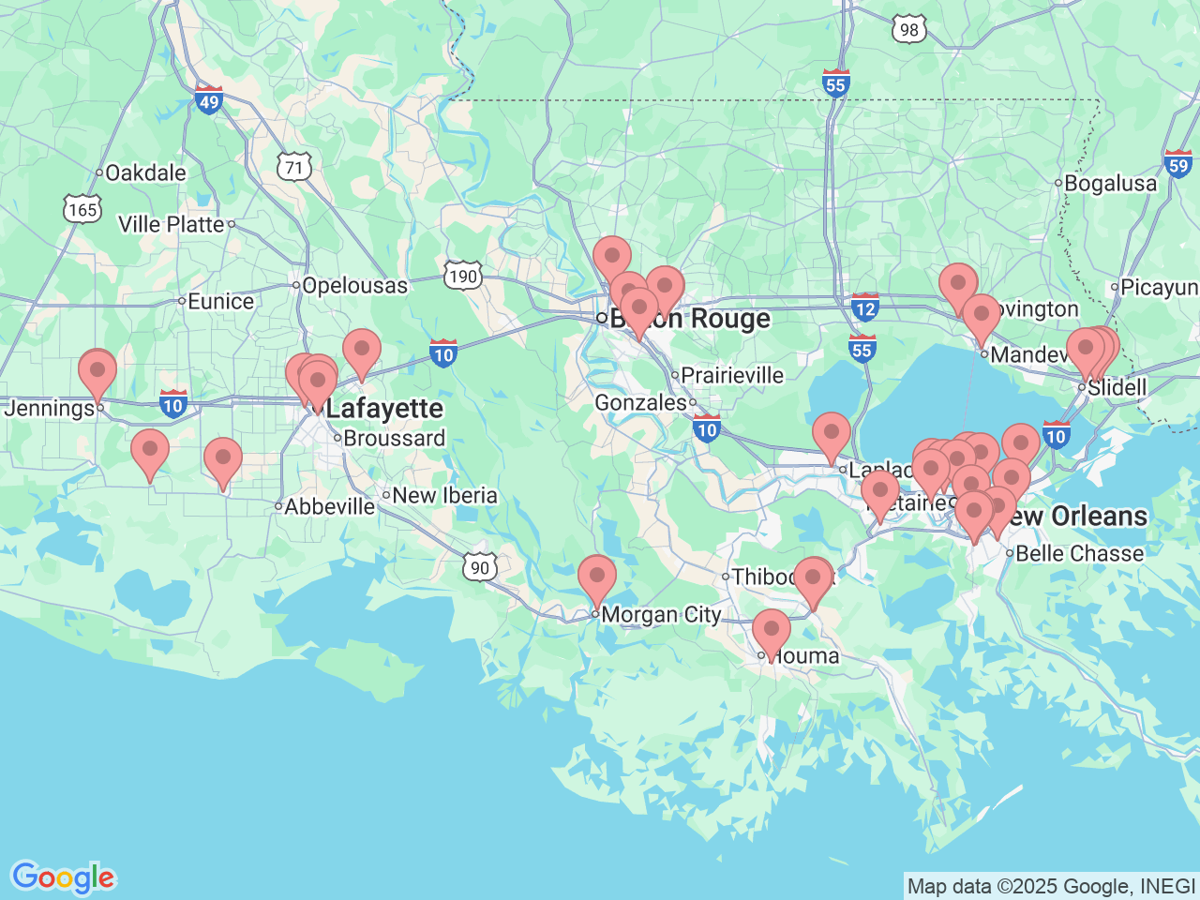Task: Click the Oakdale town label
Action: coord(145,173)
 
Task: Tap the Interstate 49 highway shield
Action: coord(208,100)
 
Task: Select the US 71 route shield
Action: coord(294,168)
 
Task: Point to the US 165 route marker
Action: coord(82,209)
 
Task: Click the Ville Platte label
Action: coord(172,225)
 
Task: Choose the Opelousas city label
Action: coord(354,286)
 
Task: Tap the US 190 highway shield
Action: coord(463,276)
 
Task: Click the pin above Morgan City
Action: coord(596,576)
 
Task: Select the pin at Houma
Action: coord(771,630)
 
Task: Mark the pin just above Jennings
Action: coord(97,369)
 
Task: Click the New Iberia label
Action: coord(444,495)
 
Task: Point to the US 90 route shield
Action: coord(479,567)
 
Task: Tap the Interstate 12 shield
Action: coord(864,307)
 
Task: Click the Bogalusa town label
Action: coord(1110,184)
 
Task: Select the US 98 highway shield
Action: coord(908,30)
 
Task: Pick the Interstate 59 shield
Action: coord(1178,164)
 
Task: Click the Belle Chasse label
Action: coord(1079,554)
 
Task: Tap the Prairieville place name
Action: coord(731,376)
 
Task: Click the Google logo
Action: coord(63,877)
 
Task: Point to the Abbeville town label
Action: coord(329,507)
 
